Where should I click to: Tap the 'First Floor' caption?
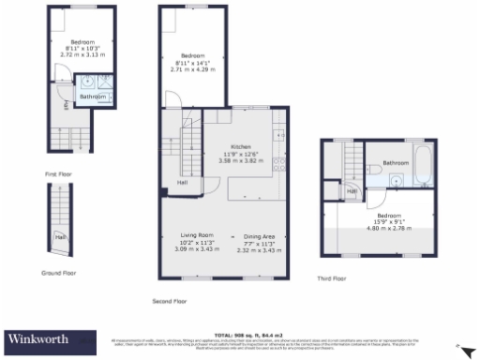[x=58, y=174]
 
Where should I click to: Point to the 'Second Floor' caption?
[x=170, y=301]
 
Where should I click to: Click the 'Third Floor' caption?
[x=332, y=277]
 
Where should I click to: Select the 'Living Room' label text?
[x=198, y=234]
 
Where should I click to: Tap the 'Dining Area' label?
[x=260, y=235]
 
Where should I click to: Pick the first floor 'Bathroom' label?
[x=92, y=97]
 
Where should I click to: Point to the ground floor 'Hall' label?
[x=60, y=236]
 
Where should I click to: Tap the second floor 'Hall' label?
[x=181, y=183]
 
